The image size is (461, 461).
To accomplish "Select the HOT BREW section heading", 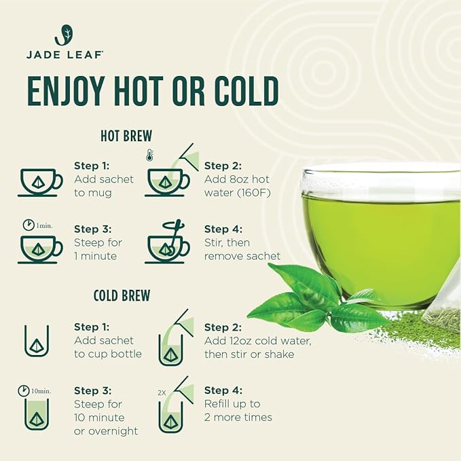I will coord(126,136).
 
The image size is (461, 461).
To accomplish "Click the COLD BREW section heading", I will coord(122,296).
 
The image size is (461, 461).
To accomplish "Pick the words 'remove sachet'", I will coord(242,256).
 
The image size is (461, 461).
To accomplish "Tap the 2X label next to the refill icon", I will coord(162,393).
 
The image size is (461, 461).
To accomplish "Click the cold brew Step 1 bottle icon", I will coord(37,342).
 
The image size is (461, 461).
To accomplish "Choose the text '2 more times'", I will coord(238,417).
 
